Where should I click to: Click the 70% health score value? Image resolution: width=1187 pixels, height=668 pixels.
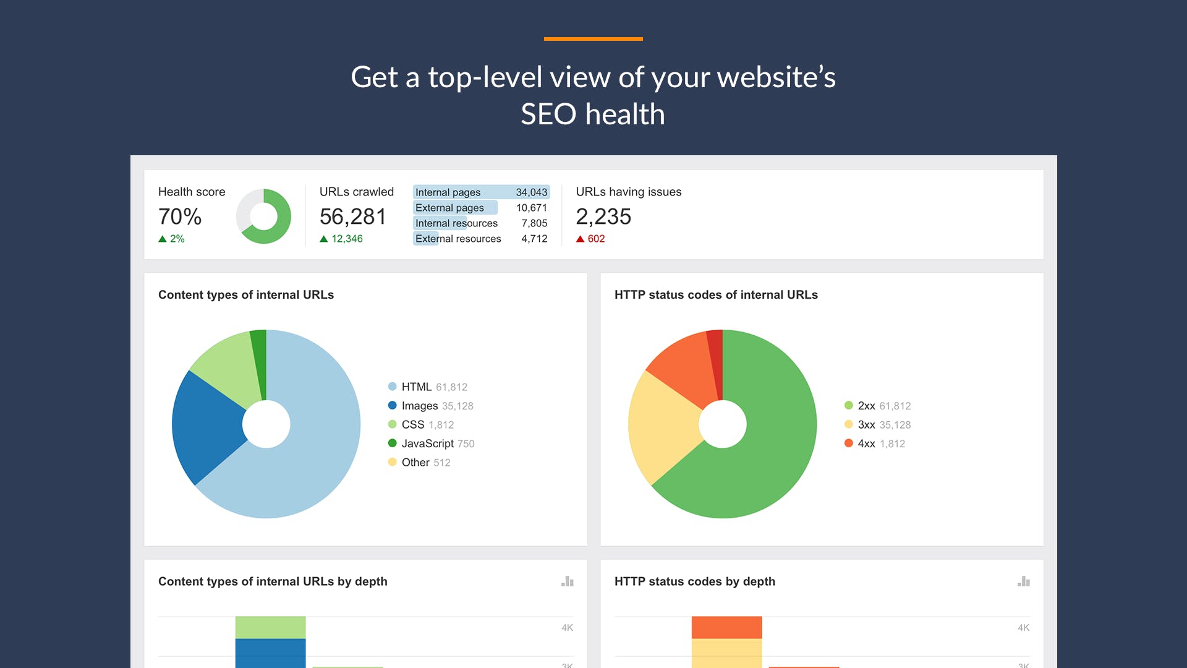(x=180, y=216)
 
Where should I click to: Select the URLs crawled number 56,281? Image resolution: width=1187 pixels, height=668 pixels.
(x=353, y=216)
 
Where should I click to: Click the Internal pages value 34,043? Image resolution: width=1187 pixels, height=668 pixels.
(x=531, y=192)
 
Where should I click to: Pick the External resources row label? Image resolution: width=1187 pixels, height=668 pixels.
(x=458, y=239)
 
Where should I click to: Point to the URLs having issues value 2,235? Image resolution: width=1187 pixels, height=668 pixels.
(x=603, y=216)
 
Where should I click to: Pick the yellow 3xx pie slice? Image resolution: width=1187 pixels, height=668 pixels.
(x=662, y=427)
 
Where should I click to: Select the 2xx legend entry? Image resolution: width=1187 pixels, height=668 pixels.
(x=877, y=406)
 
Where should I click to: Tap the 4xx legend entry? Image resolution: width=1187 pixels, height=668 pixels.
(x=874, y=443)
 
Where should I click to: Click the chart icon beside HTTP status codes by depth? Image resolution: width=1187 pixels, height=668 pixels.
(x=1024, y=581)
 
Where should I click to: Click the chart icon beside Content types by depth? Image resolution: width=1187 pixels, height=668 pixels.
(x=568, y=581)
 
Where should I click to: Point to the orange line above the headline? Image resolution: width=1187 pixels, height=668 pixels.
(x=593, y=39)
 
